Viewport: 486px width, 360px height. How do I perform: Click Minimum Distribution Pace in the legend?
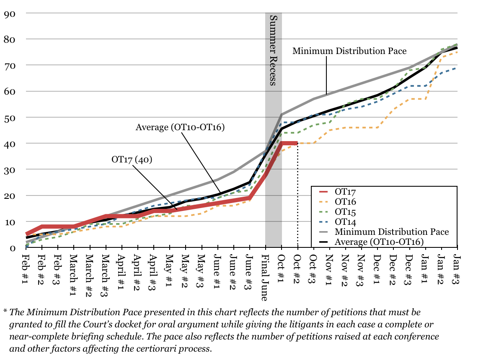click(391, 232)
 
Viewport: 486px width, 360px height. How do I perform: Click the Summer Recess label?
click(273, 50)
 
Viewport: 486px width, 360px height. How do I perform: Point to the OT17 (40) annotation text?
click(131, 159)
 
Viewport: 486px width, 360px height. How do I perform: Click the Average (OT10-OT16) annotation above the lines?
click(180, 127)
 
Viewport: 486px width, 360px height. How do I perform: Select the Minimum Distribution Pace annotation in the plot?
click(349, 51)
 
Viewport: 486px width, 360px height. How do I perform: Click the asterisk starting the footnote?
click(5, 312)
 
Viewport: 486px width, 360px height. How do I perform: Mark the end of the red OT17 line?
click(297, 143)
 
